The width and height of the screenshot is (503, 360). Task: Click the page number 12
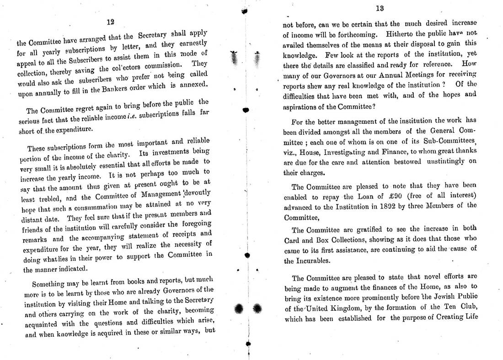click(110, 21)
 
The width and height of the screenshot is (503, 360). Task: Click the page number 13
click(379, 8)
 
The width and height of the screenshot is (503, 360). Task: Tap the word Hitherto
click(399, 34)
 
